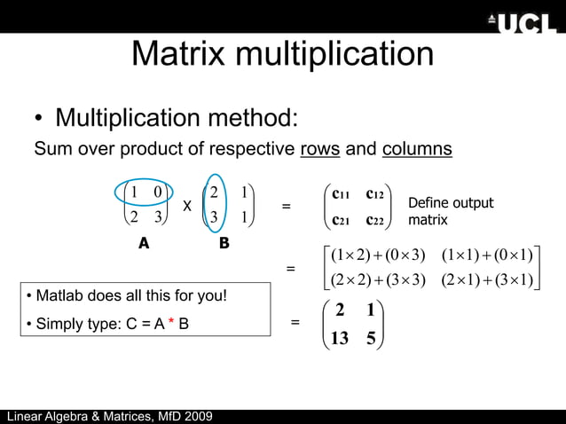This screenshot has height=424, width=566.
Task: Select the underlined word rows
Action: tap(320, 148)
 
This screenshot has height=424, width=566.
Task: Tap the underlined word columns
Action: tap(417, 148)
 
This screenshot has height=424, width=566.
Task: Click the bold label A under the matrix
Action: tap(142, 244)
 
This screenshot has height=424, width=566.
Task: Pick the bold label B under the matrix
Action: tap(224, 242)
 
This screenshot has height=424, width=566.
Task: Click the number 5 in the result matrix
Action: tap(371, 337)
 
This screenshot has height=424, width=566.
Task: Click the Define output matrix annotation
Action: tap(450, 211)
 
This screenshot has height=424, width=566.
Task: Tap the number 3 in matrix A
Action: tap(155, 218)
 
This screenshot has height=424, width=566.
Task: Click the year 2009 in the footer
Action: tap(195, 417)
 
